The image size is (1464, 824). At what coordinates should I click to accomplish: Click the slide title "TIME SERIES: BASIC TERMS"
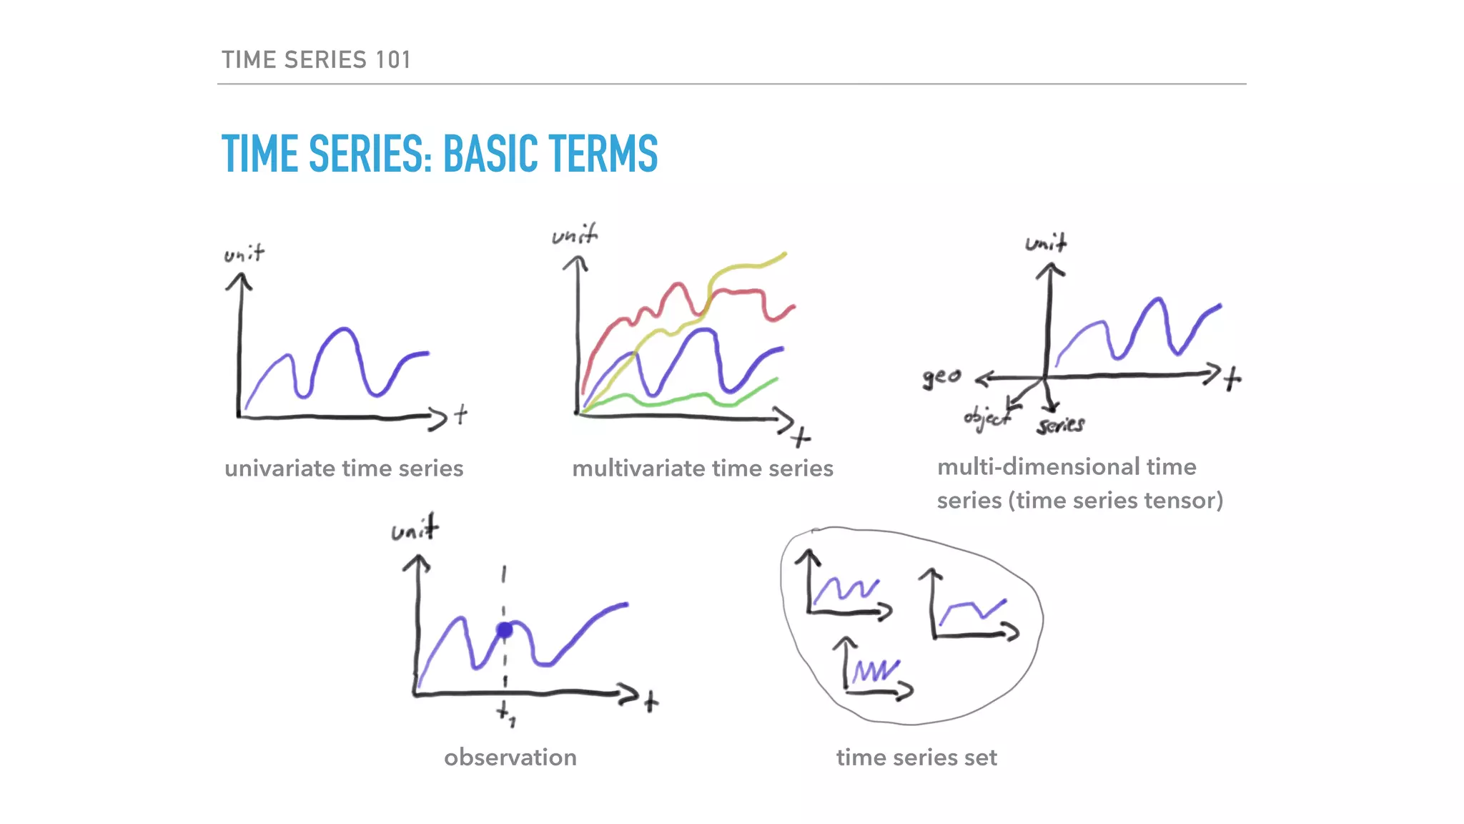coord(439,154)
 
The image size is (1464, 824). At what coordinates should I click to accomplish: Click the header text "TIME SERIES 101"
coord(316,60)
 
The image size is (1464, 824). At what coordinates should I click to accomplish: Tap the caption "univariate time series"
coord(344,469)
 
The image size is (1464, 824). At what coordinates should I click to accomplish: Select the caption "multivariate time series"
coord(702,469)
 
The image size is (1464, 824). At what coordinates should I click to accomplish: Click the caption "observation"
coord(510,757)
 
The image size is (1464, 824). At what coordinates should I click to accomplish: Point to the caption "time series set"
coord(916,757)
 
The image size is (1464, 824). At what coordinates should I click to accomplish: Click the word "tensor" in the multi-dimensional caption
coord(1183,500)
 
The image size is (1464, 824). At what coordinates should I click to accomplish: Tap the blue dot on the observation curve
coord(505,630)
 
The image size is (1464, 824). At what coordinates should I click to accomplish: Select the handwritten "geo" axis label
coord(941,377)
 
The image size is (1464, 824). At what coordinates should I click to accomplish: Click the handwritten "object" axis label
coord(986,418)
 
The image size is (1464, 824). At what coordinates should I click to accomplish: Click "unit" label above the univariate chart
coord(244,254)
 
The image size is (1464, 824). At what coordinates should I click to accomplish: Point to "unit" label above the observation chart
coord(415,530)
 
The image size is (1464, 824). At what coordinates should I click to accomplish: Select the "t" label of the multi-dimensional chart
coord(1232,378)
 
